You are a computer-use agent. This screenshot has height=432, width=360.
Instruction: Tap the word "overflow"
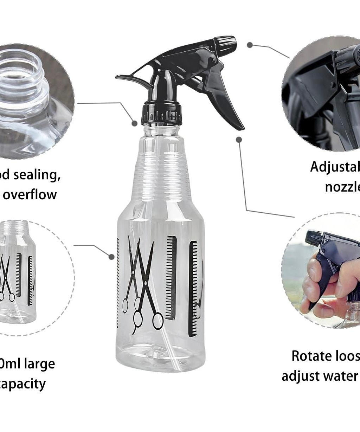30,194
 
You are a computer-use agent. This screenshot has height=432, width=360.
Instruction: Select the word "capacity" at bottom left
23,383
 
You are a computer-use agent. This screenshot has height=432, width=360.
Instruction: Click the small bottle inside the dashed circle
18,274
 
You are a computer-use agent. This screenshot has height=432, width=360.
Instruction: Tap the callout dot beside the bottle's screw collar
135,123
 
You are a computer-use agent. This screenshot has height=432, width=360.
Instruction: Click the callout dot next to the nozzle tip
250,45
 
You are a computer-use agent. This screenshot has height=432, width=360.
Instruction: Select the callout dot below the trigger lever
239,140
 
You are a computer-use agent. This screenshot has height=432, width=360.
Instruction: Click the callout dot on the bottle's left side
111,257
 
